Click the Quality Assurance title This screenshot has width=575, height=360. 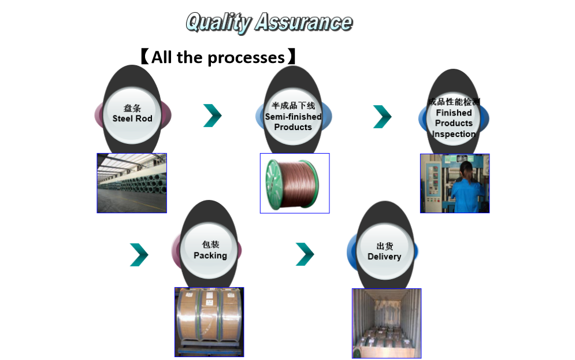coord(269,22)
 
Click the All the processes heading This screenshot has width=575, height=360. coord(218,57)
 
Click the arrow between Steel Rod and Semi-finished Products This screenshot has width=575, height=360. coord(212,116)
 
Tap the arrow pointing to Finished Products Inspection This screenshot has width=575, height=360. coord(382,116)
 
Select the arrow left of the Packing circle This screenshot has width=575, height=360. coord(139,255)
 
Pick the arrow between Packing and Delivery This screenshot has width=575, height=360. coord(305,254)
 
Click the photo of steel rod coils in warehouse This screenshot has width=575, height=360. coord(132,183)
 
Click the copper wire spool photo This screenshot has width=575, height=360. coord(295,183)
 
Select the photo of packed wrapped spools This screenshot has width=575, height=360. coord(209,321)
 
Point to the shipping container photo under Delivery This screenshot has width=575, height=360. coord(387,323)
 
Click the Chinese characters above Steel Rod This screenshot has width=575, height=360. coord(132,108)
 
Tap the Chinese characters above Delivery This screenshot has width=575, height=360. coord(384,246)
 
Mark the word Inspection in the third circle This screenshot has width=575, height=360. coord(454,134)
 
